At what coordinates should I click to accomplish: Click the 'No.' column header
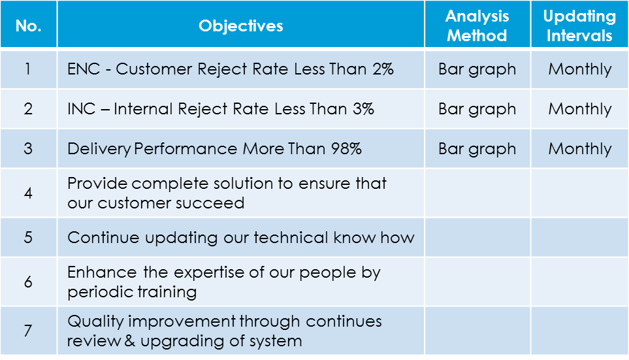29,25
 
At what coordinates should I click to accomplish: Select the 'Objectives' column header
240,25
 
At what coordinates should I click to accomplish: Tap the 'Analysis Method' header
477,25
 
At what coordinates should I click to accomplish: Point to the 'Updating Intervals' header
579,25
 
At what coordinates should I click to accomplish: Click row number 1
27,69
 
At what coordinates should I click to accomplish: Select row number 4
28,193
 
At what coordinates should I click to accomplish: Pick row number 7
28,331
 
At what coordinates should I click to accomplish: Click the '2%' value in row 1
383,69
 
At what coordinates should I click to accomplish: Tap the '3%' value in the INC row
363,108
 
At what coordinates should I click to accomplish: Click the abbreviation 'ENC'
84,69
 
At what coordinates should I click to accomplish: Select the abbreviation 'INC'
82,108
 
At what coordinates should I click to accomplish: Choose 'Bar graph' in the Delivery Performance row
477,150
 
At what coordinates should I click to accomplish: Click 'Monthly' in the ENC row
579,70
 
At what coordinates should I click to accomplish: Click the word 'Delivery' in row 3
99,150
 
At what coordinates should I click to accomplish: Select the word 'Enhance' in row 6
102,272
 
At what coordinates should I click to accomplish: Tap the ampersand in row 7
129,341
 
